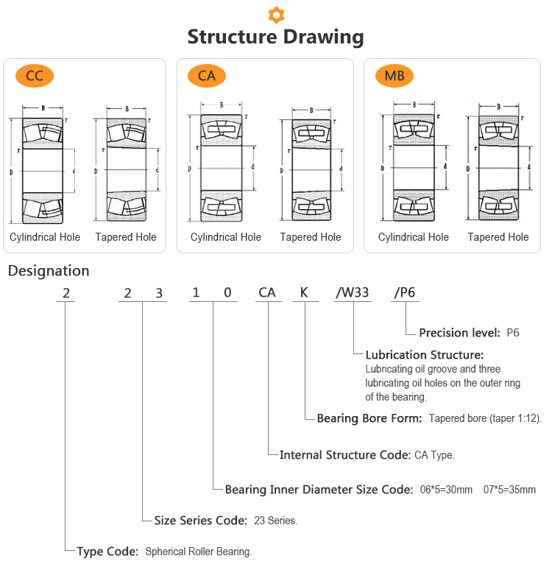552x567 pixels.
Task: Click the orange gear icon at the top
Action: [x=276, y=14]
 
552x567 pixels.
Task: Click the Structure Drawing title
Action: [x=276, y=37]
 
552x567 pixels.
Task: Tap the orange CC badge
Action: [x=34, y=75]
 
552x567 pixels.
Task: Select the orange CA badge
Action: [x=207, y=75]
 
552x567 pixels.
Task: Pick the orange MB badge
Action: [x=394, y=75]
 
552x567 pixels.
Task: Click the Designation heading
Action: [x=49, y=271]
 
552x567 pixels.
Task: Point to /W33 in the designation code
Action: [x=353, y=293]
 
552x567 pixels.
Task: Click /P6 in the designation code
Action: [x=405, y=293]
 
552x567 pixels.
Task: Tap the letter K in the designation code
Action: [x=304, y=293]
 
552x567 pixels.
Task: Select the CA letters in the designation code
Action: [x=267, y=293]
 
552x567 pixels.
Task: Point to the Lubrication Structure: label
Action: [x=425, y=355]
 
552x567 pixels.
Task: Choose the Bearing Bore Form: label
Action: [x=369, y=418]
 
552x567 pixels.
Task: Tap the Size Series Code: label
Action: [x=200, y=521]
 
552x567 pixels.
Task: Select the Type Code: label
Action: [x=107, y=551]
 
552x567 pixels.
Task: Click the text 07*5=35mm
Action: [x=509, y=490]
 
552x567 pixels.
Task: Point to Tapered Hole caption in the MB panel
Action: [x=498, y=237]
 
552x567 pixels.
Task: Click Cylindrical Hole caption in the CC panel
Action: [x=45, y=237]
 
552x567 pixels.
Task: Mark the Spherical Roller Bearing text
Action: [x=199, y=552]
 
